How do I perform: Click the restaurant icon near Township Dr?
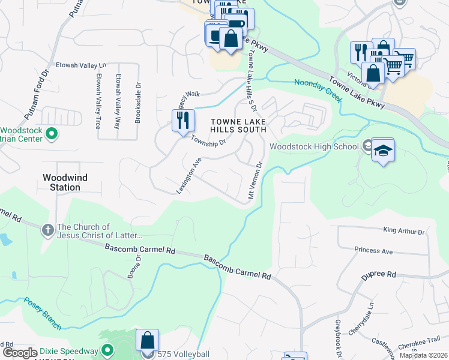[182, 120]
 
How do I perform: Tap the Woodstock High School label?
[314, 146]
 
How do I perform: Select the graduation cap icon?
[383, 150]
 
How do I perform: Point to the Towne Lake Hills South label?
[238, 125]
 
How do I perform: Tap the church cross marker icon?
[48, 230]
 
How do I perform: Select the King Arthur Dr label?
[403, 231]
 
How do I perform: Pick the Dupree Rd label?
[379, 274]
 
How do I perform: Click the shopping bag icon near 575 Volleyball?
[147, 341]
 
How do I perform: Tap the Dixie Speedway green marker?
[108, 350]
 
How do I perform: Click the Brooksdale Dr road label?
[137, 102]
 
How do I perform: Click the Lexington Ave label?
[188, 175]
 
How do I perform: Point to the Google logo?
[20, 353]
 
